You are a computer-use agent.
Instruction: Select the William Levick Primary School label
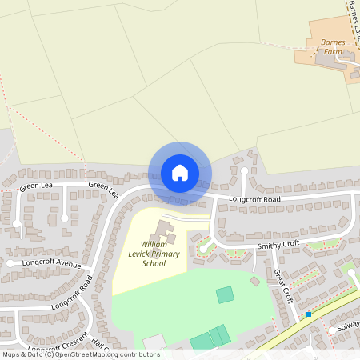point(154,253)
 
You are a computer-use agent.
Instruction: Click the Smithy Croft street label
point(278,244)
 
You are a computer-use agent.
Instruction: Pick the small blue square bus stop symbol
point(309,314)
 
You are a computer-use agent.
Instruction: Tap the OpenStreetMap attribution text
point(80,354)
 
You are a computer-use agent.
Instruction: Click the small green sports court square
point(225,294)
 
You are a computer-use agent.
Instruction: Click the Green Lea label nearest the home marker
point(103,190)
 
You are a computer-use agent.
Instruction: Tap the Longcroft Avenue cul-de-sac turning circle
point(10,263)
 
